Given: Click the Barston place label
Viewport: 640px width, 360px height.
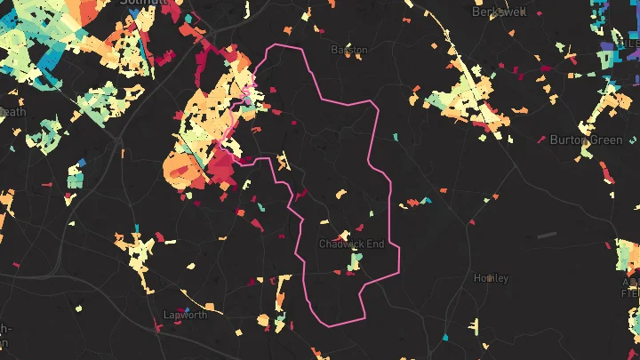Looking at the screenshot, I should (348, 51).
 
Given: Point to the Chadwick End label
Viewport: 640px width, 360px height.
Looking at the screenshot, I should (352, 244).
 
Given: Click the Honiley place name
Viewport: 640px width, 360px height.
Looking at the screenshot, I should (492, 278).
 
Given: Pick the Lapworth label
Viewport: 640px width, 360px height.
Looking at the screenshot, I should (185, 315).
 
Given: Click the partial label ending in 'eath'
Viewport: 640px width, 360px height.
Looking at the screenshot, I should (12, 112).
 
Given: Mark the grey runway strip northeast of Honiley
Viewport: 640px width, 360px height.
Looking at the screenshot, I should (547, 235).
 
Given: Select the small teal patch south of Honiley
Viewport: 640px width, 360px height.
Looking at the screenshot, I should (446, 339).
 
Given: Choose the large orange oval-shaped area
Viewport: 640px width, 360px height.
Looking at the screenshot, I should (180, 166).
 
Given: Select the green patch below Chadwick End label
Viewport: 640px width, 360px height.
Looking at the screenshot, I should (356, 261).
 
